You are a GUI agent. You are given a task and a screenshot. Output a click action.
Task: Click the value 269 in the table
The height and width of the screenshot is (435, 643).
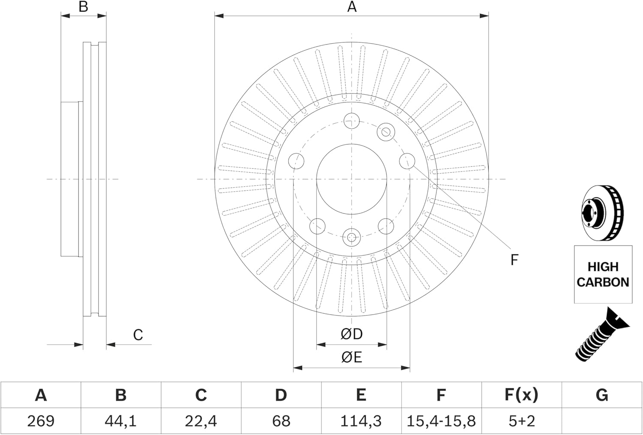(41, 421)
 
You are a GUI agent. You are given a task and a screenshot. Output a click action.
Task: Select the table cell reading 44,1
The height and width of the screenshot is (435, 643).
(120, 421)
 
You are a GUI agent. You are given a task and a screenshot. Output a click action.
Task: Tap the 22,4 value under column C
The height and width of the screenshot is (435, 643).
(201, 421)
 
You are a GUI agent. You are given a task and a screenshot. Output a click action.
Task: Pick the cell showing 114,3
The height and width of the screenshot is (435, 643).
(361, 421)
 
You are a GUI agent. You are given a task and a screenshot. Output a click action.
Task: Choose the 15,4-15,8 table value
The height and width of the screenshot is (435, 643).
(441, 421)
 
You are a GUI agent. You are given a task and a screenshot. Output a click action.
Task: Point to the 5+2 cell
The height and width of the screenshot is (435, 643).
(522, 421)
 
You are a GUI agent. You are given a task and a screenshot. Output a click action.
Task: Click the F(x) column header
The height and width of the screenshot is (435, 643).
(521, 395)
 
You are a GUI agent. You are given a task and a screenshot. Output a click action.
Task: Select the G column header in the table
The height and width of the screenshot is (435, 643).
(602, 395)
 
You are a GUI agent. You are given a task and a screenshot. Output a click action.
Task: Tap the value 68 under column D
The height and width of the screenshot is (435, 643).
(281, 421)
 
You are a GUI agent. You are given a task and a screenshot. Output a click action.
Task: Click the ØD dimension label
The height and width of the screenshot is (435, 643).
(352, 334)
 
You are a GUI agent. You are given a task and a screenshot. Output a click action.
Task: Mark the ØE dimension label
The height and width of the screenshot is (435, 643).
(352, 357)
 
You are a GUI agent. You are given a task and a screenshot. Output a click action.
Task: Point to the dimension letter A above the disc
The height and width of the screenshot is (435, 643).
(352, 6)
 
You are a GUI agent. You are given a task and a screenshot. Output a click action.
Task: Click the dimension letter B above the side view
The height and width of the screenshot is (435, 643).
(83, 6)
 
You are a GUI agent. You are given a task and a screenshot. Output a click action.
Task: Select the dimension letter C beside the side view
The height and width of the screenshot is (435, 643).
(138, 335)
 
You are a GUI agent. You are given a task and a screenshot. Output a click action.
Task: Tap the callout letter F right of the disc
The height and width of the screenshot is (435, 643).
(514, 260)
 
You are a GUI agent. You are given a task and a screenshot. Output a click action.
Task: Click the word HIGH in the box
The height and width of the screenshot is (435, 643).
(603, 267)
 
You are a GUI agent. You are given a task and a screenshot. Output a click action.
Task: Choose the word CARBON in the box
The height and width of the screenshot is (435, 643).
(603, 282)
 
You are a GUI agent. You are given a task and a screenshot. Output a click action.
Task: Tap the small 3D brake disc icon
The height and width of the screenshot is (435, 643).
(602, 214)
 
